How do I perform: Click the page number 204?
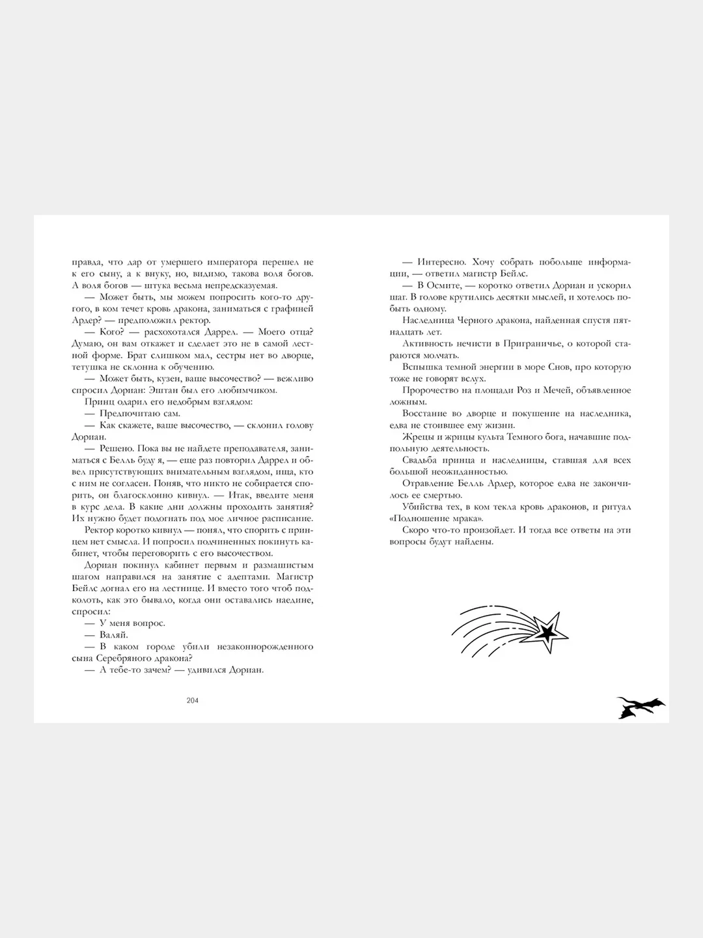(192, 700)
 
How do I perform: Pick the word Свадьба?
(422, 461)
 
